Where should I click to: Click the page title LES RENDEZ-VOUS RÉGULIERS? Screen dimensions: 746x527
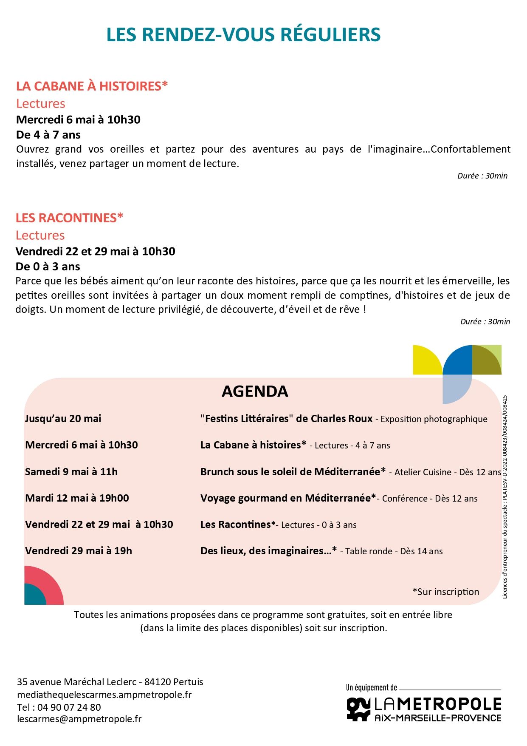click(243, 35)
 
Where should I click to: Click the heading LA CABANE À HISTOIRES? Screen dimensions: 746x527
click(92, 86)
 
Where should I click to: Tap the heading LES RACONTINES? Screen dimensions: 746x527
click(69, 218)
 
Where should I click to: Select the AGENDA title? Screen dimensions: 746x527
click(255, 391)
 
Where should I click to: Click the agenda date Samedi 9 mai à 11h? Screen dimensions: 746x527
click(71, 472)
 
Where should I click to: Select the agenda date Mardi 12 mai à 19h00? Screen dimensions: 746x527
click(77, 498)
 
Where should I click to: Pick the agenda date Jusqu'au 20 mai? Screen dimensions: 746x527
click(63, 419)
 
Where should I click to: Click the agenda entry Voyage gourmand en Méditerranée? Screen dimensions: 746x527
click(288, 498)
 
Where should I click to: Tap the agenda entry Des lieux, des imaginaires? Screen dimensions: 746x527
click(268, 551)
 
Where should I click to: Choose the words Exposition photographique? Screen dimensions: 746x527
click(434, 419)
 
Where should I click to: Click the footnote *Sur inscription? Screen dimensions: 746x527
click(445, 592)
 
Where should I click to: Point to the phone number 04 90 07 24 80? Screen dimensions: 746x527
click(69, 707)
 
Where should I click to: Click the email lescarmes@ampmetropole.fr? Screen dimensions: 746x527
click(79, 719)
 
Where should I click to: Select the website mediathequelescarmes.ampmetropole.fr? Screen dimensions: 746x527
click(104, 695)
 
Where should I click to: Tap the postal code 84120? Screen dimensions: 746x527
click(158, 682)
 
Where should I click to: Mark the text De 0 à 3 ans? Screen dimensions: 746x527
click(48, 267)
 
